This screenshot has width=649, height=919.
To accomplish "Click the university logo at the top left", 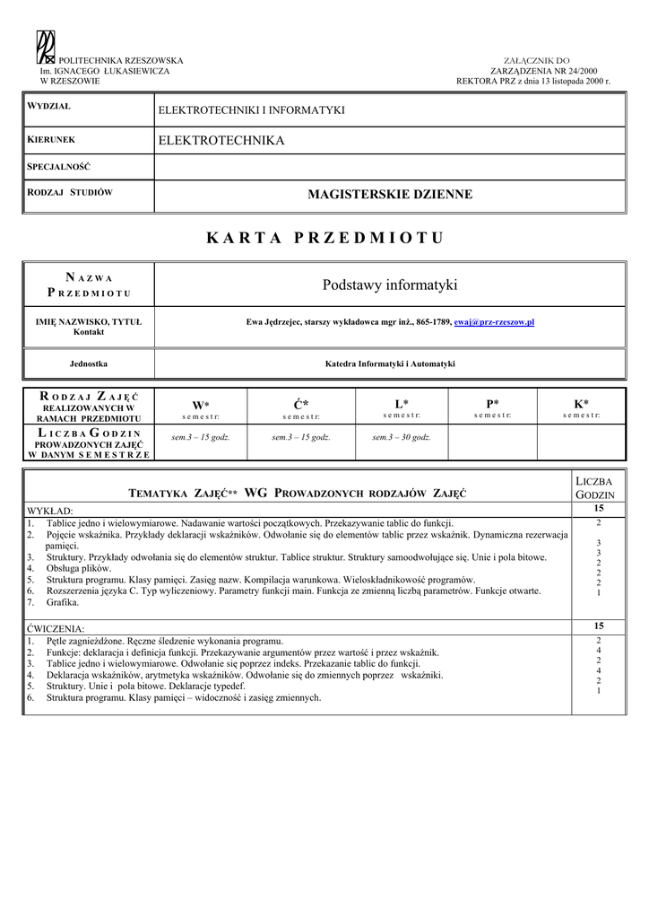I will click(46, 45).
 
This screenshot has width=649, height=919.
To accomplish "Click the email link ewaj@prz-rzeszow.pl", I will click(494, 321).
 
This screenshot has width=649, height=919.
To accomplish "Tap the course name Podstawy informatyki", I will click(390, 285).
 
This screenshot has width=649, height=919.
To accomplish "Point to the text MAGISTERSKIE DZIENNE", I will click(390, 194).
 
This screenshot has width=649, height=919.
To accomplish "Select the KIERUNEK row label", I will click(51, 140).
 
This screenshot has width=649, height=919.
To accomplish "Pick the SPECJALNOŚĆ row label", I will click(59, 167).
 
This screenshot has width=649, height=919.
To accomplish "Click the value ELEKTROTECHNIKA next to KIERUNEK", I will click(221, 141).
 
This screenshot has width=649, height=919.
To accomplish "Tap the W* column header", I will click(200, 405).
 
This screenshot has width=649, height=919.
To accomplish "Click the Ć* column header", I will click(301, 405).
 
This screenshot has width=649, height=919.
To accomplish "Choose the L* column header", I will click(402, 404).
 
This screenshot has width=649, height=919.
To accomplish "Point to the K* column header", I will click(581, 404).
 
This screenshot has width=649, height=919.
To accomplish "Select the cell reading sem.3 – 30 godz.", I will click(402, 437).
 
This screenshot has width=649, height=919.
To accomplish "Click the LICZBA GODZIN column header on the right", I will click(594, 488).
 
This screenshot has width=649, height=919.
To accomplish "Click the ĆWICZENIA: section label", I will click(56, 628).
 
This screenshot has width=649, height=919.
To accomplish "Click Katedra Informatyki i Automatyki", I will click(390, 363).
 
